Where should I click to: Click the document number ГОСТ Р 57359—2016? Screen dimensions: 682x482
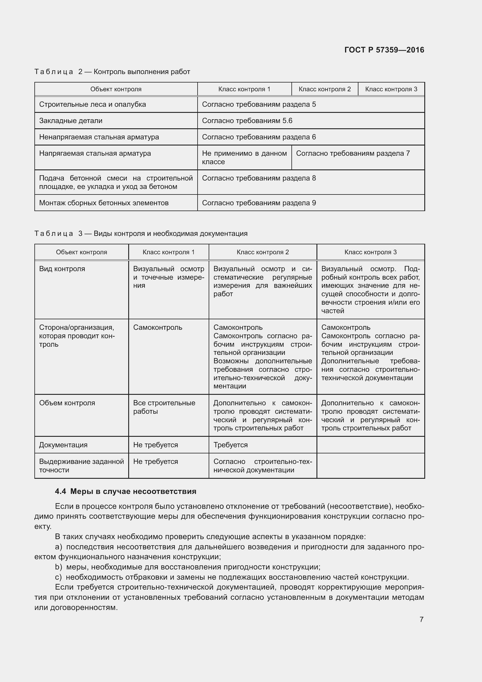pyautogui.click(x=384, y=50)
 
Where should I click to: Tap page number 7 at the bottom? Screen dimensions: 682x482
pyautogui.click(x=421, y=619)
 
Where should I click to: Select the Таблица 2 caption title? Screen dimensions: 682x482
pyautogui.click(x=112, y=72)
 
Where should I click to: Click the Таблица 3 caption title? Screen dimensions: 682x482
pyautogui.click(x=141, y=234)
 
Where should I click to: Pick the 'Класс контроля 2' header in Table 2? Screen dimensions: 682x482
pyautogui.click(x=324, y=89)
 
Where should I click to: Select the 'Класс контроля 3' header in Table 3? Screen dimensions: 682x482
pyautogui.click(x=370, y=252)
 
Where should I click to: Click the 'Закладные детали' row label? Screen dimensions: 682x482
pyautogui.click(x=71, y=121)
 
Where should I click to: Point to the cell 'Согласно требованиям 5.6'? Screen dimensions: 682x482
pyautogui.click(x=247, y=121)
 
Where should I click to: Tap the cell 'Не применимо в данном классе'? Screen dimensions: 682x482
pyautogui.click(x=244, y=157)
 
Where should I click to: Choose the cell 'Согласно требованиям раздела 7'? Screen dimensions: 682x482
pyautogui.click(x=353, y=153)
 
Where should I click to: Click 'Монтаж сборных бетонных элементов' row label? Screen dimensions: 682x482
pyautogui.click(x=103, y=203)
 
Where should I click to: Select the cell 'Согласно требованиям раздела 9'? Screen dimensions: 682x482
pyautogui.click(x=259, y=203)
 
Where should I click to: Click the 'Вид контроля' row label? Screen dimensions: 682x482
pyautogui.click(x=62, y=269)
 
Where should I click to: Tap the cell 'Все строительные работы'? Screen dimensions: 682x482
pyautogui.click(x=164, y=407)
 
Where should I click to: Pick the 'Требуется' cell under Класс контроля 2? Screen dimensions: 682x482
pyautogui.click(x=230, y=445)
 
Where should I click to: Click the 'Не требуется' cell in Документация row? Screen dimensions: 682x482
pyautogui.click(x=155, y=445)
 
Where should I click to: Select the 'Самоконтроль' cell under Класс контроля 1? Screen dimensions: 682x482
pyautogui.click(x=157, y=327)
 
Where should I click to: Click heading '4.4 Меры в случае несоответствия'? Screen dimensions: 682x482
pyautogui.click(x=126, y=491)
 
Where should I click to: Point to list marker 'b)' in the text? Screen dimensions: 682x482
pyautogui.click(x=59, y=567)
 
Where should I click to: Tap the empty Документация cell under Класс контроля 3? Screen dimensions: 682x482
pyautogui.click(x=370, y=445)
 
